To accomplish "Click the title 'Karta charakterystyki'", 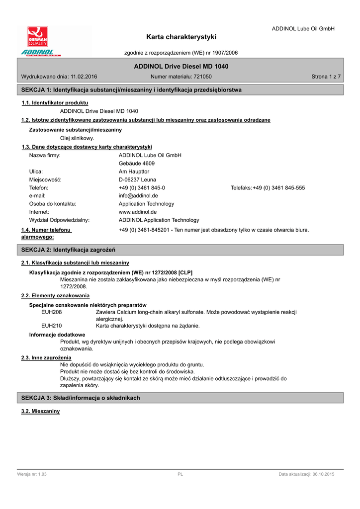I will point(181,37).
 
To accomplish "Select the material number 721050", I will point(203,77).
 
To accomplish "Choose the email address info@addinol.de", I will point(138,196).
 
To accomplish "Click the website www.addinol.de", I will point(138,212).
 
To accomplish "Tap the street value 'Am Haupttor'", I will point(134,171).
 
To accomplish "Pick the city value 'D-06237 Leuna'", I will point(137,179).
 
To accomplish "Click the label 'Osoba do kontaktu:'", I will point(53,204).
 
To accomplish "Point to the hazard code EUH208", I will point(52,312).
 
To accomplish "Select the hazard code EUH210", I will point(52,326).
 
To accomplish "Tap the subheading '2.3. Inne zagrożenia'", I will point(46,357).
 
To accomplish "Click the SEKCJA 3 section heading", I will point(81,398).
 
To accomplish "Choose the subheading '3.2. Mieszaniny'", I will point(40,411).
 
